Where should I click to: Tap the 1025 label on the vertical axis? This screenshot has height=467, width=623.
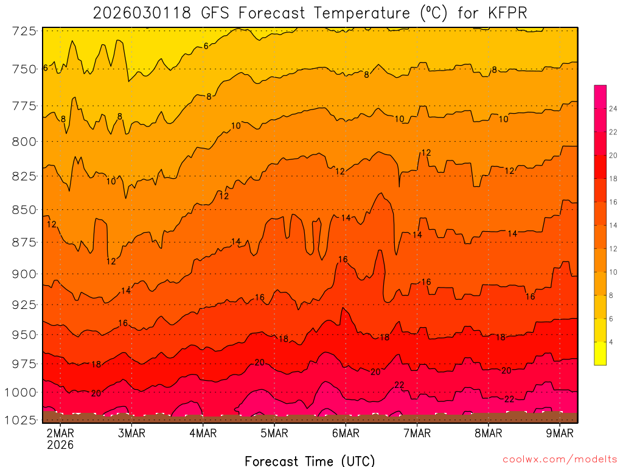tap(21, 420)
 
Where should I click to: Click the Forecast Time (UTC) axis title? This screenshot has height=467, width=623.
tap(310, 460)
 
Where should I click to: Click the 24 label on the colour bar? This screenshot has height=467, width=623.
tap(611, 109)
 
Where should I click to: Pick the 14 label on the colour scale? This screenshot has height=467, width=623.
tap(611, 226)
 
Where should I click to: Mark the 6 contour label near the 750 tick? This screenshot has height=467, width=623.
tap(45, 68)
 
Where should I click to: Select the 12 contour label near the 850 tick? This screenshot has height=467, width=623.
tap(52, 224)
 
